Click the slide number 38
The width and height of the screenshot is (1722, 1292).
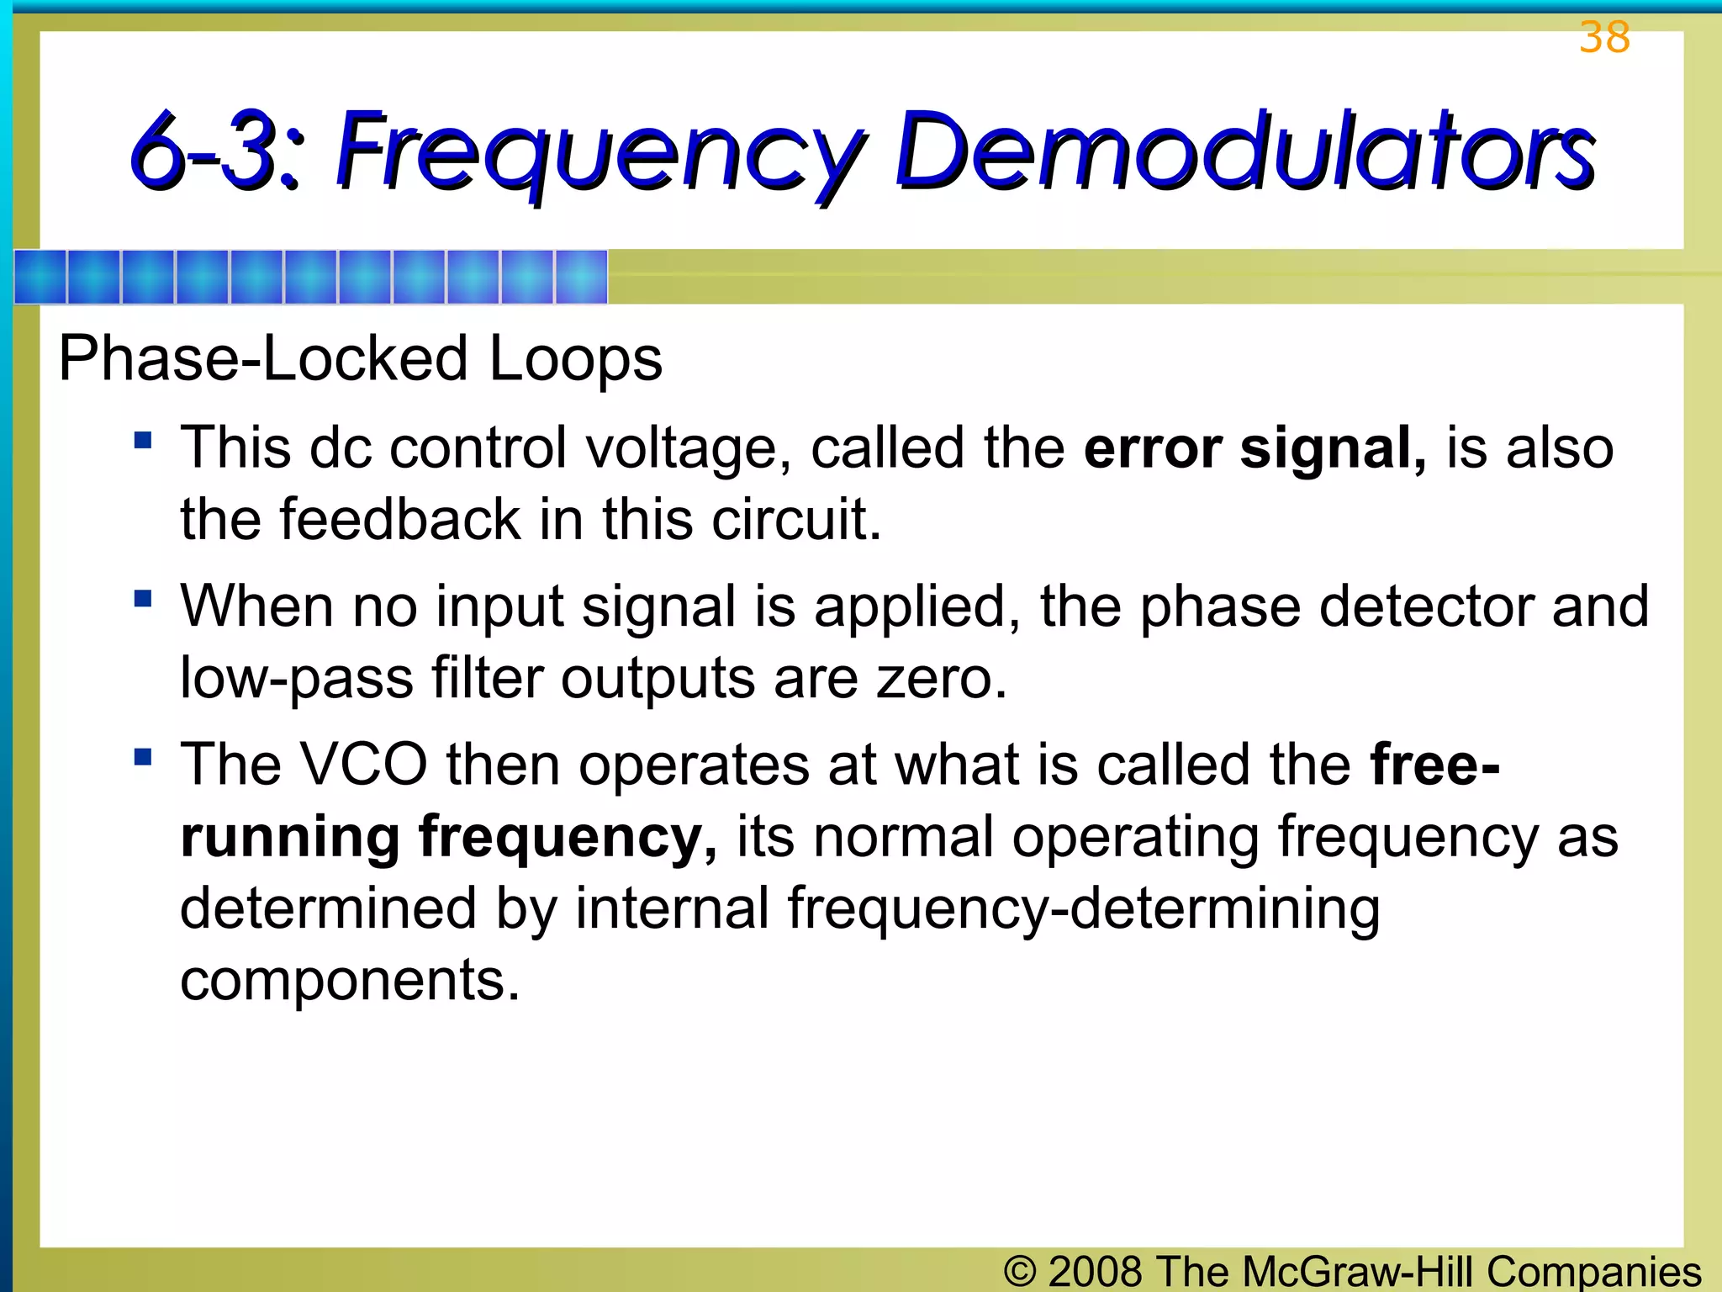[1604, 38]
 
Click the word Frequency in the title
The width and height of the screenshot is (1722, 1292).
[600, 151]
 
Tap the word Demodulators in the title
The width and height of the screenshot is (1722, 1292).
[1244, 151]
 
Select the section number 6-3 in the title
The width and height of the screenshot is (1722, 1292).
[215, 151]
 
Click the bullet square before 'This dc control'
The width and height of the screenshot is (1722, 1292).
[143, 440]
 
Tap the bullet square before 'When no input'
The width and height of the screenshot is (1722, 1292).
[143, 598]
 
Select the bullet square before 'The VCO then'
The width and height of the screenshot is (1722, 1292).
[143, 756]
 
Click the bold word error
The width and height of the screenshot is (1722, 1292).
[1152, 447]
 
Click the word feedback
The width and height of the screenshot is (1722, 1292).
[400, 519]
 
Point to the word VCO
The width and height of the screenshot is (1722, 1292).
[363, 765]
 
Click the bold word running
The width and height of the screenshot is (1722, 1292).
[290, 838]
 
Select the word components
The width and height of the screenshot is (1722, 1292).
[350, 981]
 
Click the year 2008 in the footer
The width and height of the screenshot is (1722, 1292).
[1095, 1271]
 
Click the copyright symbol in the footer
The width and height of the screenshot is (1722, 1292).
[1019, 1271]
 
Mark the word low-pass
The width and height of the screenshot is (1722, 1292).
[297, 678]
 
